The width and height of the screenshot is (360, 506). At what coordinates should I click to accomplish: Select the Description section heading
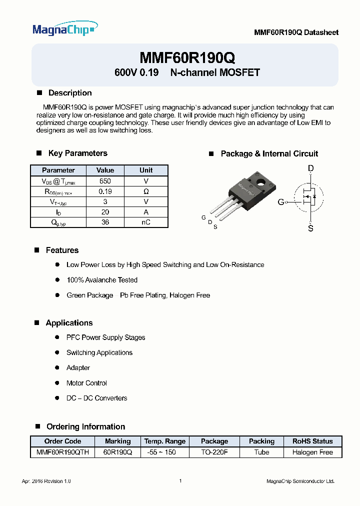[x=69, y=93]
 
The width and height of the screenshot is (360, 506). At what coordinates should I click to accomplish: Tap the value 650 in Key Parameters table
[x=105, y=181]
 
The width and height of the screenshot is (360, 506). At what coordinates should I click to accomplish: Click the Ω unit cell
[x=146, y=191]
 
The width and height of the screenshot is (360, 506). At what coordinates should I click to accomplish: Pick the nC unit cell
[x=146, y=222]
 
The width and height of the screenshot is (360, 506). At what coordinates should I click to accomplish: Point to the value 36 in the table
[x=105, y=222]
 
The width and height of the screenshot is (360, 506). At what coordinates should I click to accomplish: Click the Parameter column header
[x=58, y=170]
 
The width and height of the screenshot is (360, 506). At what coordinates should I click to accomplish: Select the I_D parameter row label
[x=58, y=212]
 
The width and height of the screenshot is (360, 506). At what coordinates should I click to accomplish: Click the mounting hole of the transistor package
[x=259, y=181]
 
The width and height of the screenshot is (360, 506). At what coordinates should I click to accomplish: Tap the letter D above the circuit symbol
[x=310, y=169]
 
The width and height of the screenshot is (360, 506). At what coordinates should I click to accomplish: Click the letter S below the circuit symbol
[x=310, y=228]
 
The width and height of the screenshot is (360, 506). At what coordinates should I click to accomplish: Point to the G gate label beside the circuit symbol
[x=281, y=202]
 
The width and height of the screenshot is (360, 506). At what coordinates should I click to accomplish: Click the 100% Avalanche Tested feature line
[x=102, y=280]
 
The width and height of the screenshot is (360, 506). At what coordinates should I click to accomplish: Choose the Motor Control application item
[x=86, y=383]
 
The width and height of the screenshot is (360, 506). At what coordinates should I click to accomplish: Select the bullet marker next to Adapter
[x=56, y=368]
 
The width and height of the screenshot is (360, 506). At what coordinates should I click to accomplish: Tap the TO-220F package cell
[x=214, y=452]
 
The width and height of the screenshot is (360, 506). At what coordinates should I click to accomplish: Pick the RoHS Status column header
[x=312, y=441]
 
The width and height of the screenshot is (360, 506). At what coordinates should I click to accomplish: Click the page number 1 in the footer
[x=180, y=481]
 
